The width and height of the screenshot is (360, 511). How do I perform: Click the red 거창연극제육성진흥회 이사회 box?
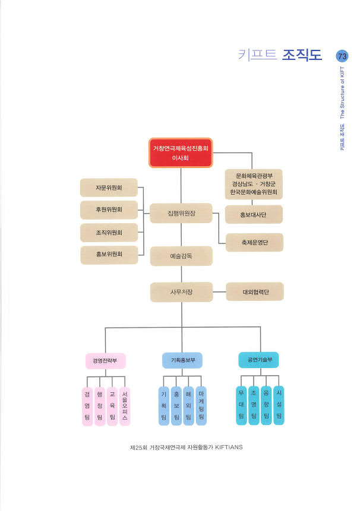click(x=180, y=153)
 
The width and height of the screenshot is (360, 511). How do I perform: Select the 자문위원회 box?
click(x=109, y=188)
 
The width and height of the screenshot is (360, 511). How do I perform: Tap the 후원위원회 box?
click(x=109, y=210)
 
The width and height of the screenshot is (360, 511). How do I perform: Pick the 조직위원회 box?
click(x=109, y=232)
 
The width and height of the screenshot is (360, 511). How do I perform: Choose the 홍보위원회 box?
click(x=109, y=254)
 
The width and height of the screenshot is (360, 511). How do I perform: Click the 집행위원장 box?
click(x=181, y=212)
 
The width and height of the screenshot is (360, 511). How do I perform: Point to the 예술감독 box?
click(x=181, y=256)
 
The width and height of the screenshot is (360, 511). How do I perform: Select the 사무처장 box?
click(x=181, y=291)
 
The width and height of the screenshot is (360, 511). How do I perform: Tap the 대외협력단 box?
click(x=255, y=291)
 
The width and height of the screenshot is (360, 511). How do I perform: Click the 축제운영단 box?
click(x=255, y=242)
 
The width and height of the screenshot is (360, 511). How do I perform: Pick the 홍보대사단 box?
click(x=254, y=214)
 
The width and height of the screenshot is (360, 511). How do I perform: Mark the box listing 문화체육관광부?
click(x=254, y=185)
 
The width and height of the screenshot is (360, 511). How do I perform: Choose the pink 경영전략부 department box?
click(x=105, y=360)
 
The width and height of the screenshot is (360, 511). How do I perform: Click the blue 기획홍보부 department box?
click(x=182, y=360)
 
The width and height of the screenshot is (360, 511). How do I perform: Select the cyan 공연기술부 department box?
click(x=258, y=360)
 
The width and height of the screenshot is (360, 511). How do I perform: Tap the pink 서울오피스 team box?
click(x=125, y=407)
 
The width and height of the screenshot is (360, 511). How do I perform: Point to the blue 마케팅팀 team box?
click(x=201, y=407)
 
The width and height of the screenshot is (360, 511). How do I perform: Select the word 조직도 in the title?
click(x=302, y=56)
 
